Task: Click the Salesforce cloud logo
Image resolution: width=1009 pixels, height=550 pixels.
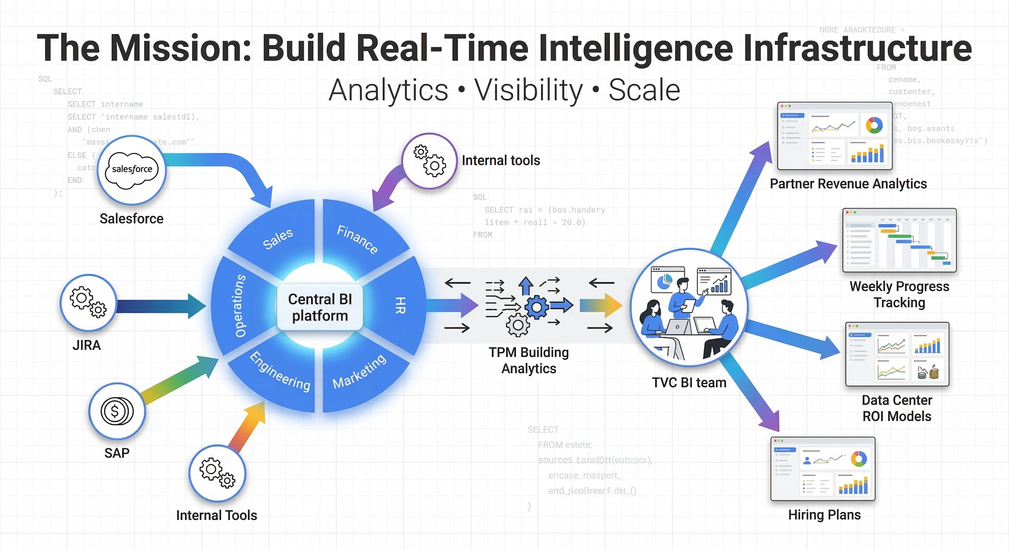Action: (132, 170)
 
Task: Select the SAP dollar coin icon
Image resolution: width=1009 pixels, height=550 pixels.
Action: (117, 411)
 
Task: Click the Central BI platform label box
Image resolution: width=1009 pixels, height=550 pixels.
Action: (320, 307)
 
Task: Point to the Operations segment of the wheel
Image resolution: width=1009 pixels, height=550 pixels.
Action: (239, 305)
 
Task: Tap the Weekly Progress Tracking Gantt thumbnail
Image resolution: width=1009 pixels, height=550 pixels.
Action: (899, 240)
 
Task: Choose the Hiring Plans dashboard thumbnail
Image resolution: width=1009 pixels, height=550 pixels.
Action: (823, 469)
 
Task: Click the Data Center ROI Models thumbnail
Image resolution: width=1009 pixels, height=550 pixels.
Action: (897, 354)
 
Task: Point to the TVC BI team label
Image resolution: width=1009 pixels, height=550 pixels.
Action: (689, 382)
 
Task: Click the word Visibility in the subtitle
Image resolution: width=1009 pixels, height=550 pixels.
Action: (529, 90)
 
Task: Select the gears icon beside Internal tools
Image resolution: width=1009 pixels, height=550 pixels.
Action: (430, 161)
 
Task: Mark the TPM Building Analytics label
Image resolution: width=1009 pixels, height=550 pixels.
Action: (529, 360)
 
